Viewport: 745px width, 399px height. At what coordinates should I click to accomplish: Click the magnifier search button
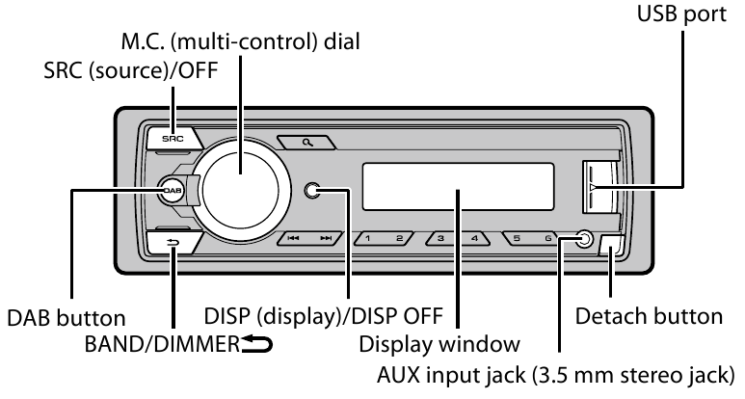pos(307,142)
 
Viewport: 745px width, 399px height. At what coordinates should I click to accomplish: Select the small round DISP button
pos(311,190)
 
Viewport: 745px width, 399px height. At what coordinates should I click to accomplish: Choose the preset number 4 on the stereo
pos(474,237)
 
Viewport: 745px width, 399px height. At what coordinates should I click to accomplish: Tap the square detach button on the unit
pos(611,246)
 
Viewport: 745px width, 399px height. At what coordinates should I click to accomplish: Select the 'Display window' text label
pos(439,343)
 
